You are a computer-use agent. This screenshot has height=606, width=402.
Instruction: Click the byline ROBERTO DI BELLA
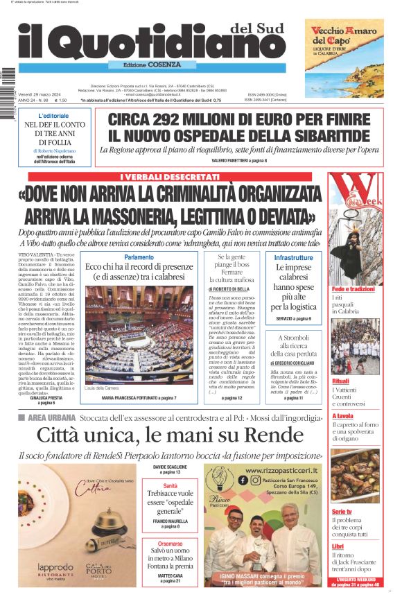[230, 288]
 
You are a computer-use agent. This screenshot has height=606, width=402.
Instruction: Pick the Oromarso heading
[171, 544]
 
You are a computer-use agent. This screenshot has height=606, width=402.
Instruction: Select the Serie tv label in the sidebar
[342, 511]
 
